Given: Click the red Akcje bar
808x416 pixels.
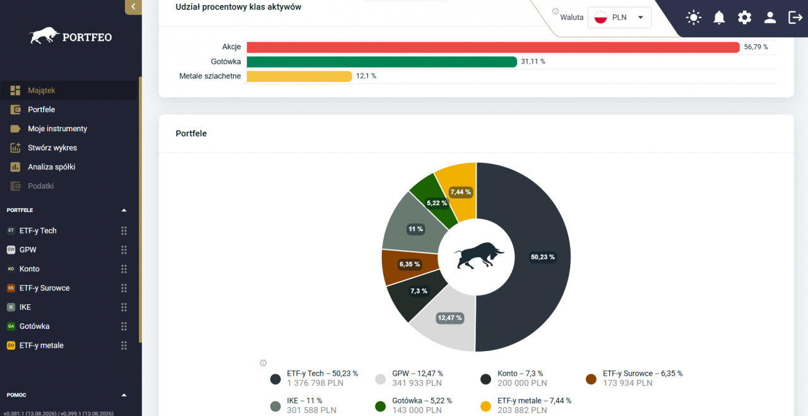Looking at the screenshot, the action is [493, 47].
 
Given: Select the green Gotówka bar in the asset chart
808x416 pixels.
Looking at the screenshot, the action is [382, 62].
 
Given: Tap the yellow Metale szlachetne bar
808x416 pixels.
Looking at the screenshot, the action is [299, 76].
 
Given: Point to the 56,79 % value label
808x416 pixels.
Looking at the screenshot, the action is [756, 47].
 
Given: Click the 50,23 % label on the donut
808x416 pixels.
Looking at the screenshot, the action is [542, 257].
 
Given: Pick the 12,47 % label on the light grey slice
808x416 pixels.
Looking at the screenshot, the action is [450, 318].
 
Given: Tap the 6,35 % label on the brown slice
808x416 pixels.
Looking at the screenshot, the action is [410, 264].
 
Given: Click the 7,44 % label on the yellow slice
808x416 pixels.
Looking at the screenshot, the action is [461, 192].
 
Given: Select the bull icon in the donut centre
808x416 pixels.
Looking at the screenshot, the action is [478, 256].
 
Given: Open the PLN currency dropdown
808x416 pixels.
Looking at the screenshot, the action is [620, 17].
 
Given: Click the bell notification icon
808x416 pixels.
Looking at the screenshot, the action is [719, 17].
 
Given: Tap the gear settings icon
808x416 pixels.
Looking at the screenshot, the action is [744, 17].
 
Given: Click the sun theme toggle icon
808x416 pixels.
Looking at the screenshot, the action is [694, 17].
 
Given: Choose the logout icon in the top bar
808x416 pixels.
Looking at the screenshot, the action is [795, 17].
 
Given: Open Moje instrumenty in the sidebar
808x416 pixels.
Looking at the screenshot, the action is [57, 129].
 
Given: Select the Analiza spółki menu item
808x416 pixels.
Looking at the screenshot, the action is [52, 167].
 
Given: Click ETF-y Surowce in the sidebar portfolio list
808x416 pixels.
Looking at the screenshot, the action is [44, 288].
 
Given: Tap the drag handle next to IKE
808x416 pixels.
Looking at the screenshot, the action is [124, 307].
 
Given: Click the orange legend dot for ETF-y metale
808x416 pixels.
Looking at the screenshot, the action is [486, 407].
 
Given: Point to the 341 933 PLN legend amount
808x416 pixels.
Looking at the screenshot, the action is [417, 383].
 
